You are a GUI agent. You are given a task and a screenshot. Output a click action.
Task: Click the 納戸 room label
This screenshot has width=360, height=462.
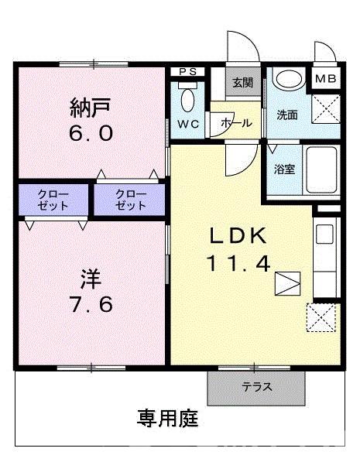tap(91, 105)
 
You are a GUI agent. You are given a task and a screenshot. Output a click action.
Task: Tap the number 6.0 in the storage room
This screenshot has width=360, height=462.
tap(91, 132)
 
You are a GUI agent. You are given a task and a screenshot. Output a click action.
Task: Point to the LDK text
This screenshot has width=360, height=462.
tap(238, 235)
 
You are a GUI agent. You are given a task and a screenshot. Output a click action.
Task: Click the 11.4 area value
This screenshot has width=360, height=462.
tap(238, 264)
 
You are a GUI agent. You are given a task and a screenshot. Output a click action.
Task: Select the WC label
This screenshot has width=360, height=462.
tap(187, 125)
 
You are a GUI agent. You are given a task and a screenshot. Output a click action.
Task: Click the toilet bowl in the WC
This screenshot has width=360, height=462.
tap(187, 98)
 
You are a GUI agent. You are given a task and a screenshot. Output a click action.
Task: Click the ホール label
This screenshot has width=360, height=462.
tap(235, 122)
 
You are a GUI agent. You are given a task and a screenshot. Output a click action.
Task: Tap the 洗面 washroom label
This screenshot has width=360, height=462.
tap(287, 115)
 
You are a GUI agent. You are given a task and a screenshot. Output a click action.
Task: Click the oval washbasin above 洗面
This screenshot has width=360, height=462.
tap(290, 80)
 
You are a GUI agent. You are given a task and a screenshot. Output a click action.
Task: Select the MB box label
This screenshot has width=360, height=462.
tap(325, 78)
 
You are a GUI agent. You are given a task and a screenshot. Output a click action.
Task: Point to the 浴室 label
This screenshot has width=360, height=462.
tap(284, 169)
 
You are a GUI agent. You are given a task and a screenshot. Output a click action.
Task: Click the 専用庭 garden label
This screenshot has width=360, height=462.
tap(168, 420)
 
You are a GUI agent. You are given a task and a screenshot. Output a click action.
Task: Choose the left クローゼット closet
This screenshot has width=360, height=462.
tap(53, 200)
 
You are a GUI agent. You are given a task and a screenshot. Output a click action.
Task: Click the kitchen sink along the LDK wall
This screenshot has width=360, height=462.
tap(325, 234)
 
